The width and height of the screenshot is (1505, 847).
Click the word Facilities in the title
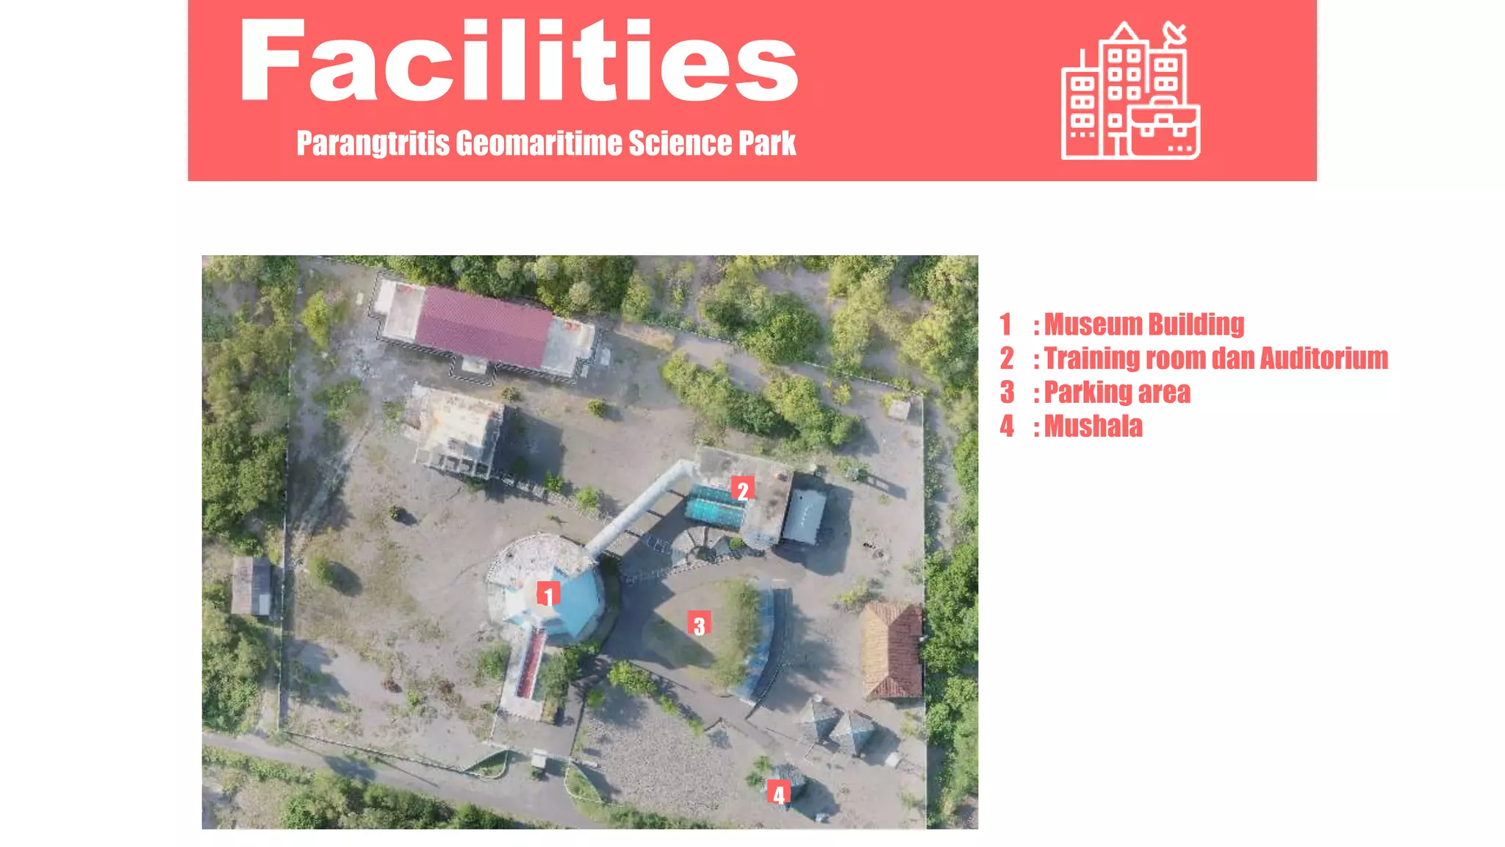pyautogui.click(x=518, y=61)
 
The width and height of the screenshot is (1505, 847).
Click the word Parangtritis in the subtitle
pyautogui.click(x=373, y=143)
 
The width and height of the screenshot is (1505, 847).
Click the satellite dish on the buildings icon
pyautogui.click(x=1174, y=33)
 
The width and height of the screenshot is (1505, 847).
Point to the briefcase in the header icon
pyautogui.click(x=1164, y=131)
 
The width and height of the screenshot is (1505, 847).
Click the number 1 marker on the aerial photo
pyautogui.click(x=548, y=594)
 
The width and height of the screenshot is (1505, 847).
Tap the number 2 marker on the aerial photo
pyautogui.click(x=742, y=490)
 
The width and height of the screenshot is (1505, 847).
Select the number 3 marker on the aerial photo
pyautogui.click(x=699, y=625)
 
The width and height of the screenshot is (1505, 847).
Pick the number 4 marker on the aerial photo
pyautogui.click(x=778, y=793)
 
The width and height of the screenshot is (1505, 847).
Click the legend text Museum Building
pyautogui.click(x=1143, y=324)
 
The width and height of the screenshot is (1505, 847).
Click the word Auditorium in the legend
pyautogui.click(x=1323, y=358)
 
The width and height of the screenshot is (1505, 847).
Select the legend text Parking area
pyautogui.click(x=1116, y=393)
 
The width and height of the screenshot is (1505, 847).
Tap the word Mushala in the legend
pyautogui.click(x=1093, y=426)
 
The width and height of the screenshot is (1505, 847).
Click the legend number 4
pyautogui.click(x=1007, y=426)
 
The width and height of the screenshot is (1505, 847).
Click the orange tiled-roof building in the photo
pyautogui.click(x=891, y=650)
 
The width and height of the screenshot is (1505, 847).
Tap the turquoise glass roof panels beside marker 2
pyautogui.click(x=714, y=505)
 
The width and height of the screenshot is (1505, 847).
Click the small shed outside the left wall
pyautogui.click(x=251, y=586)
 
